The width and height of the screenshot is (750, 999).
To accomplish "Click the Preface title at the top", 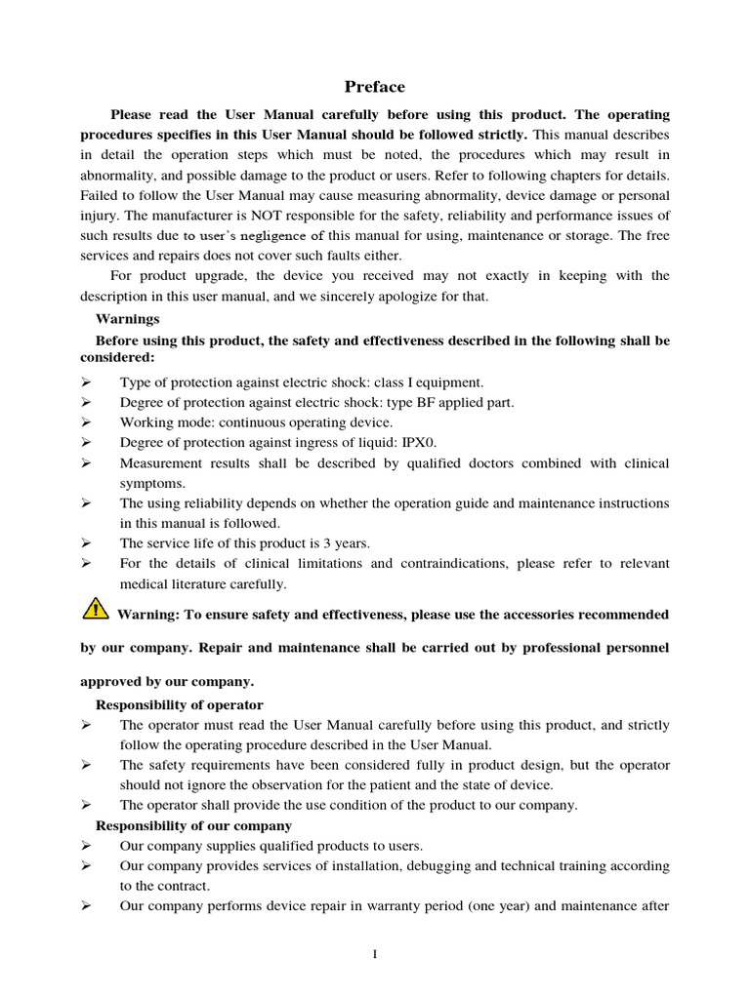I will coord(374,86).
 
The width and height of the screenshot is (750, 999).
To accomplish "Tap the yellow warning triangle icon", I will coord(96,611).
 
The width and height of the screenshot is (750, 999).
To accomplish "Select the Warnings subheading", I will coord(127,318).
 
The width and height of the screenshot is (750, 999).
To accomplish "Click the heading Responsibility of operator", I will coord(179,704).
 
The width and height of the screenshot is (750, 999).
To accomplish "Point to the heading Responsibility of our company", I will coord(193,825).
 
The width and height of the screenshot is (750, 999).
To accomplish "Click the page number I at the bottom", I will coord(375,953).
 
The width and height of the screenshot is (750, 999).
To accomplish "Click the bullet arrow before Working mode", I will coord(87,422).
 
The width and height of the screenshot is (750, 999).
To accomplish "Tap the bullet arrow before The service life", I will coord(87,543).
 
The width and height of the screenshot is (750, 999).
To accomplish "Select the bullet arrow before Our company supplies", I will coord(87,846).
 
